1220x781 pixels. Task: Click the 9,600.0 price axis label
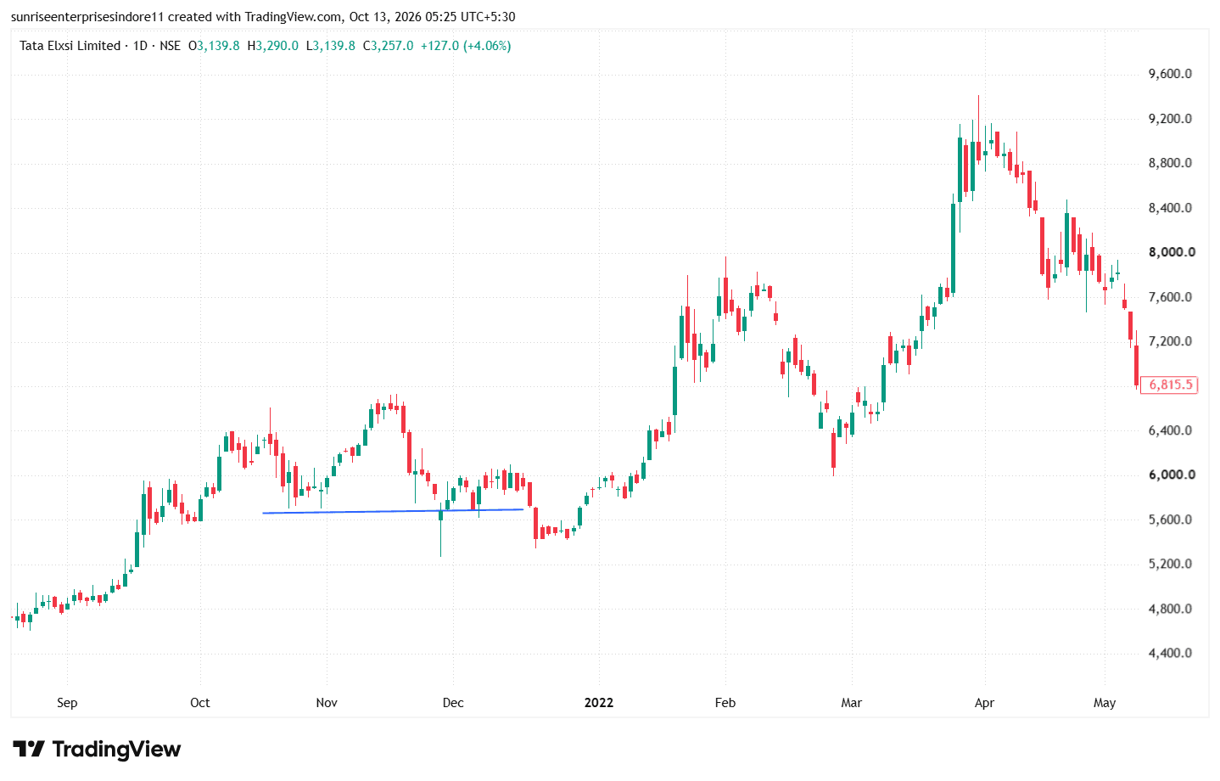point(1170,74)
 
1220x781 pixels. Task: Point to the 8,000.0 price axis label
point(1172,252)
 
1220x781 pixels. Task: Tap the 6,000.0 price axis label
point(1172,475)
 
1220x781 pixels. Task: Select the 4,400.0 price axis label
point(1170,653)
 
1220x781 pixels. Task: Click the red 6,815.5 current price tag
point(1169,385)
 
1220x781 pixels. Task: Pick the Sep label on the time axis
point(67,703)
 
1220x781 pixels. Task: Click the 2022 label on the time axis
point(599,703)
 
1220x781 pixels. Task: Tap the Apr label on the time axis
point(984,703)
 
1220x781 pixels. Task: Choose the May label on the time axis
point(1105,703)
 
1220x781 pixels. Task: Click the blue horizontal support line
point(393,511)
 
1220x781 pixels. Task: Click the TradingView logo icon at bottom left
point(28,749)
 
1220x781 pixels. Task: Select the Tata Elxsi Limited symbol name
point(70,46)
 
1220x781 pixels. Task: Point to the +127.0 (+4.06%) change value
point(466,46)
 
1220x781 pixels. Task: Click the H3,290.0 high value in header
point(273,46)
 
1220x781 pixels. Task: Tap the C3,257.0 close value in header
point(389,46)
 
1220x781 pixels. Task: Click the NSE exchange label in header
point(170,46)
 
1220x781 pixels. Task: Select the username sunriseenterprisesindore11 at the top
point(87,17)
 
